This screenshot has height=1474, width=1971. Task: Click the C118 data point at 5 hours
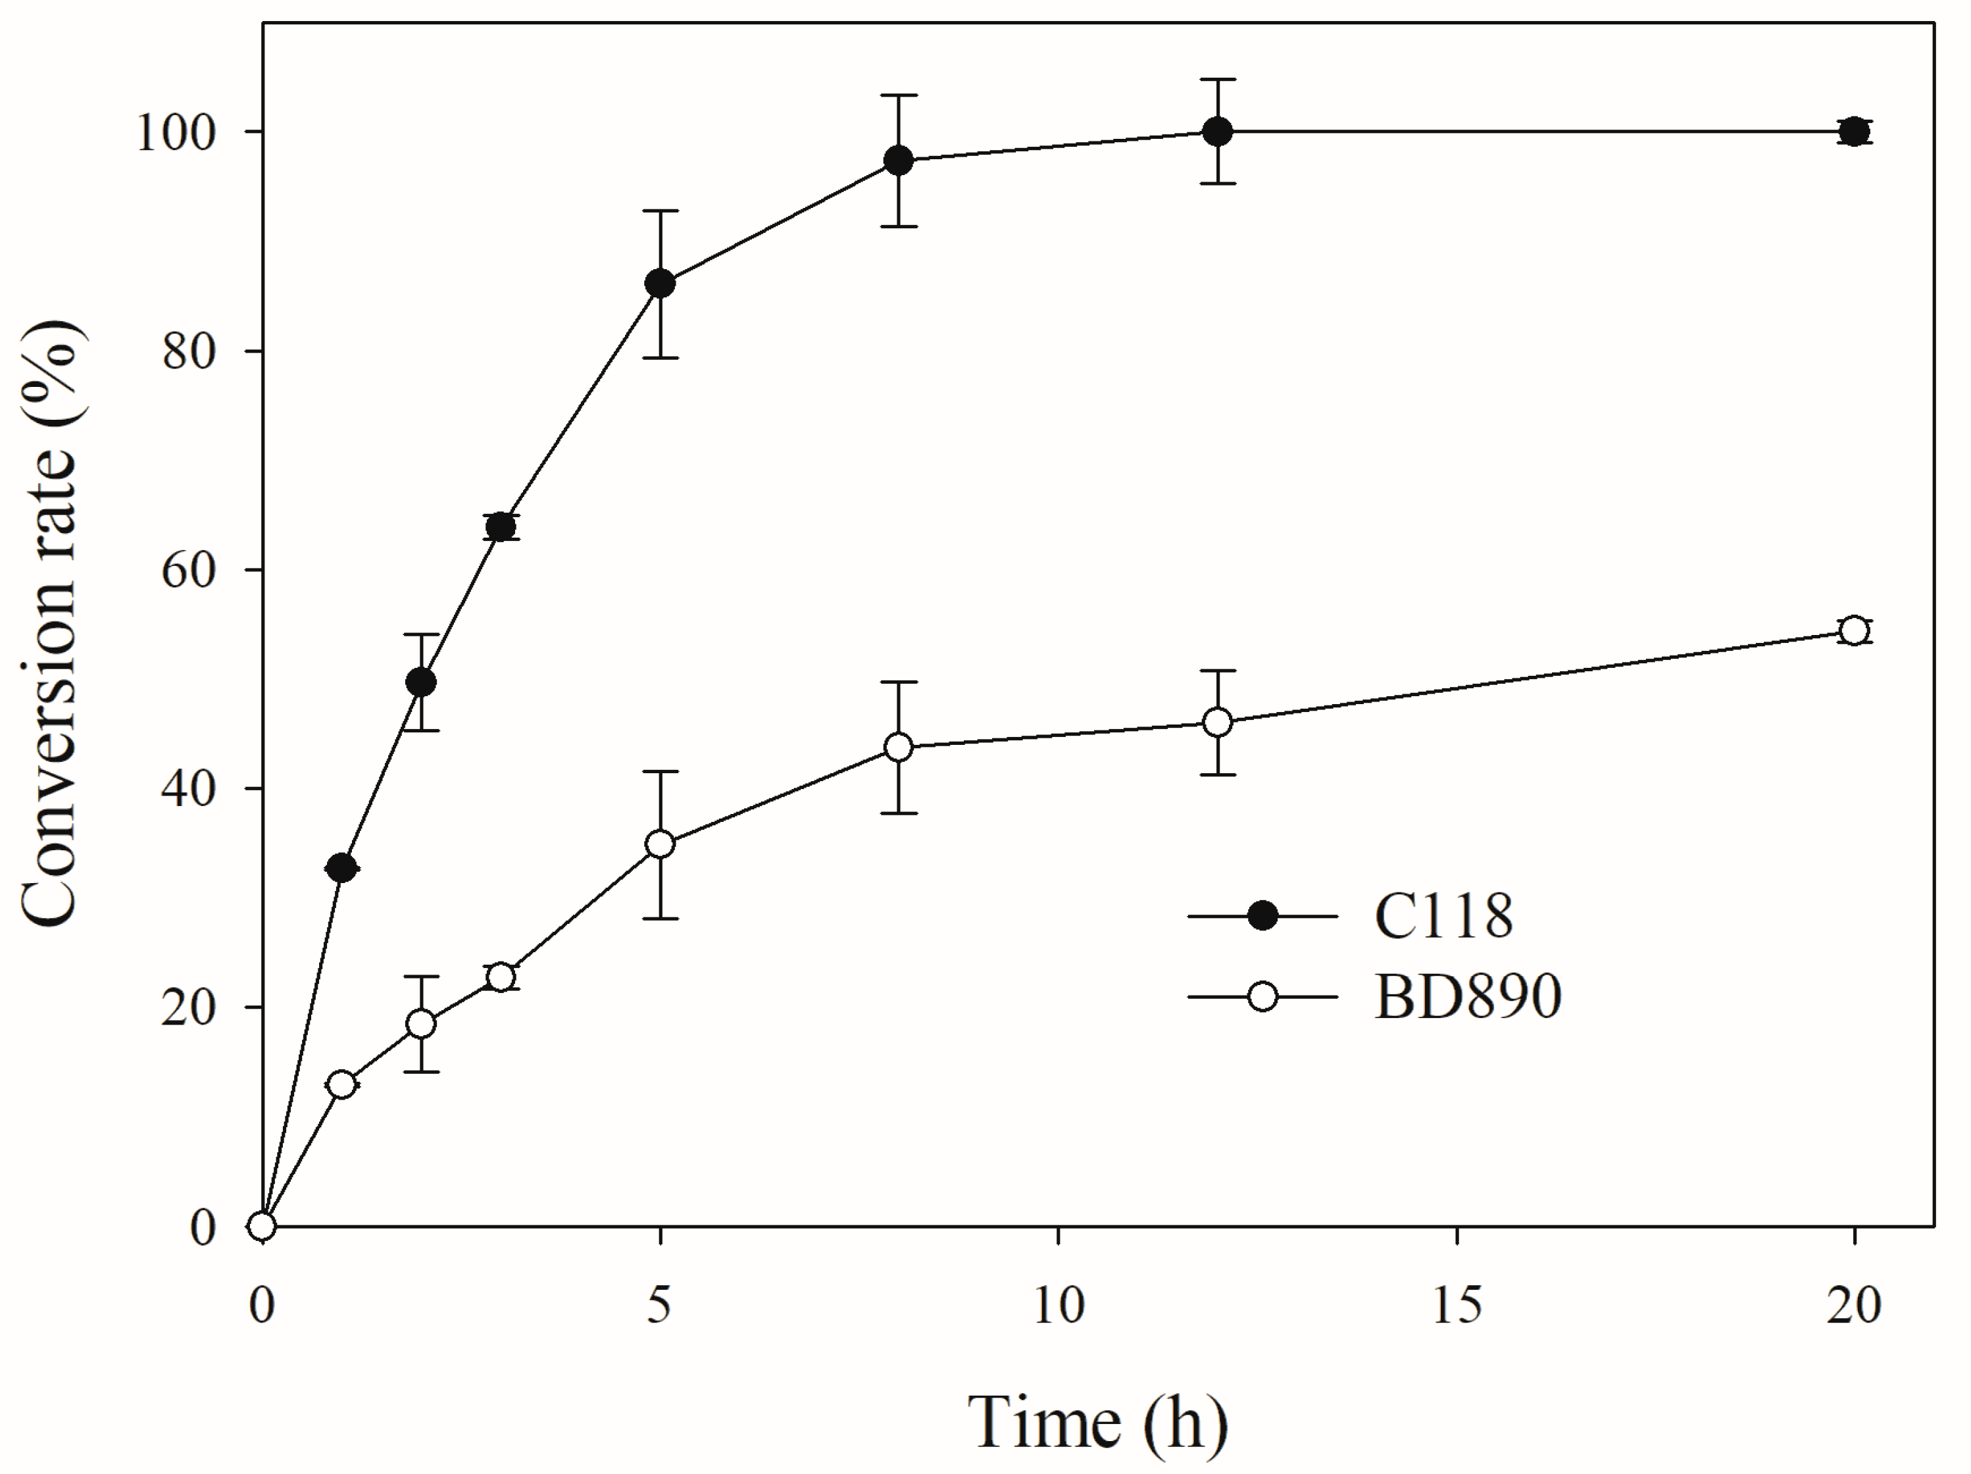[659, 284]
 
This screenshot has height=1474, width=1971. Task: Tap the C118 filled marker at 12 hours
[1217, 132]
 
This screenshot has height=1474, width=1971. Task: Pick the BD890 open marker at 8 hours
[899, 747]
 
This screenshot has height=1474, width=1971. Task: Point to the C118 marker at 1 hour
[342, 867]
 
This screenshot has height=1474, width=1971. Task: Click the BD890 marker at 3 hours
[502, 978]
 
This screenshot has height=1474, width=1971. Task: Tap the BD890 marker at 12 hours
[1217, 723]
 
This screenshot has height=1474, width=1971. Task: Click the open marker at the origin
[262, 1227]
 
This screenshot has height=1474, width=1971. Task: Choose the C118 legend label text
[1443, 916]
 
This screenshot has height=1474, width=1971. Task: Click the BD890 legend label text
[1468, 996]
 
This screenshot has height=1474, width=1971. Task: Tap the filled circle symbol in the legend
[1262, 916]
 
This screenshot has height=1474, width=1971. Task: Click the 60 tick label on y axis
[189, 571]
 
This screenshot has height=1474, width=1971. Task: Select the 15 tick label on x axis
[1457, 1306]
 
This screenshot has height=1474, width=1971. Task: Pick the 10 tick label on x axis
[1059, 1306]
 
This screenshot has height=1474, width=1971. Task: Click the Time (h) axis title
[1098, 1423]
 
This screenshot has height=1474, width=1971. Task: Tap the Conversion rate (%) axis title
[51, 624]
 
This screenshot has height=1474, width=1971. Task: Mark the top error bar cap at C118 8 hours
[899, 95]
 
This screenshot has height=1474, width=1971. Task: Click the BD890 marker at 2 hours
[422, 1024]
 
